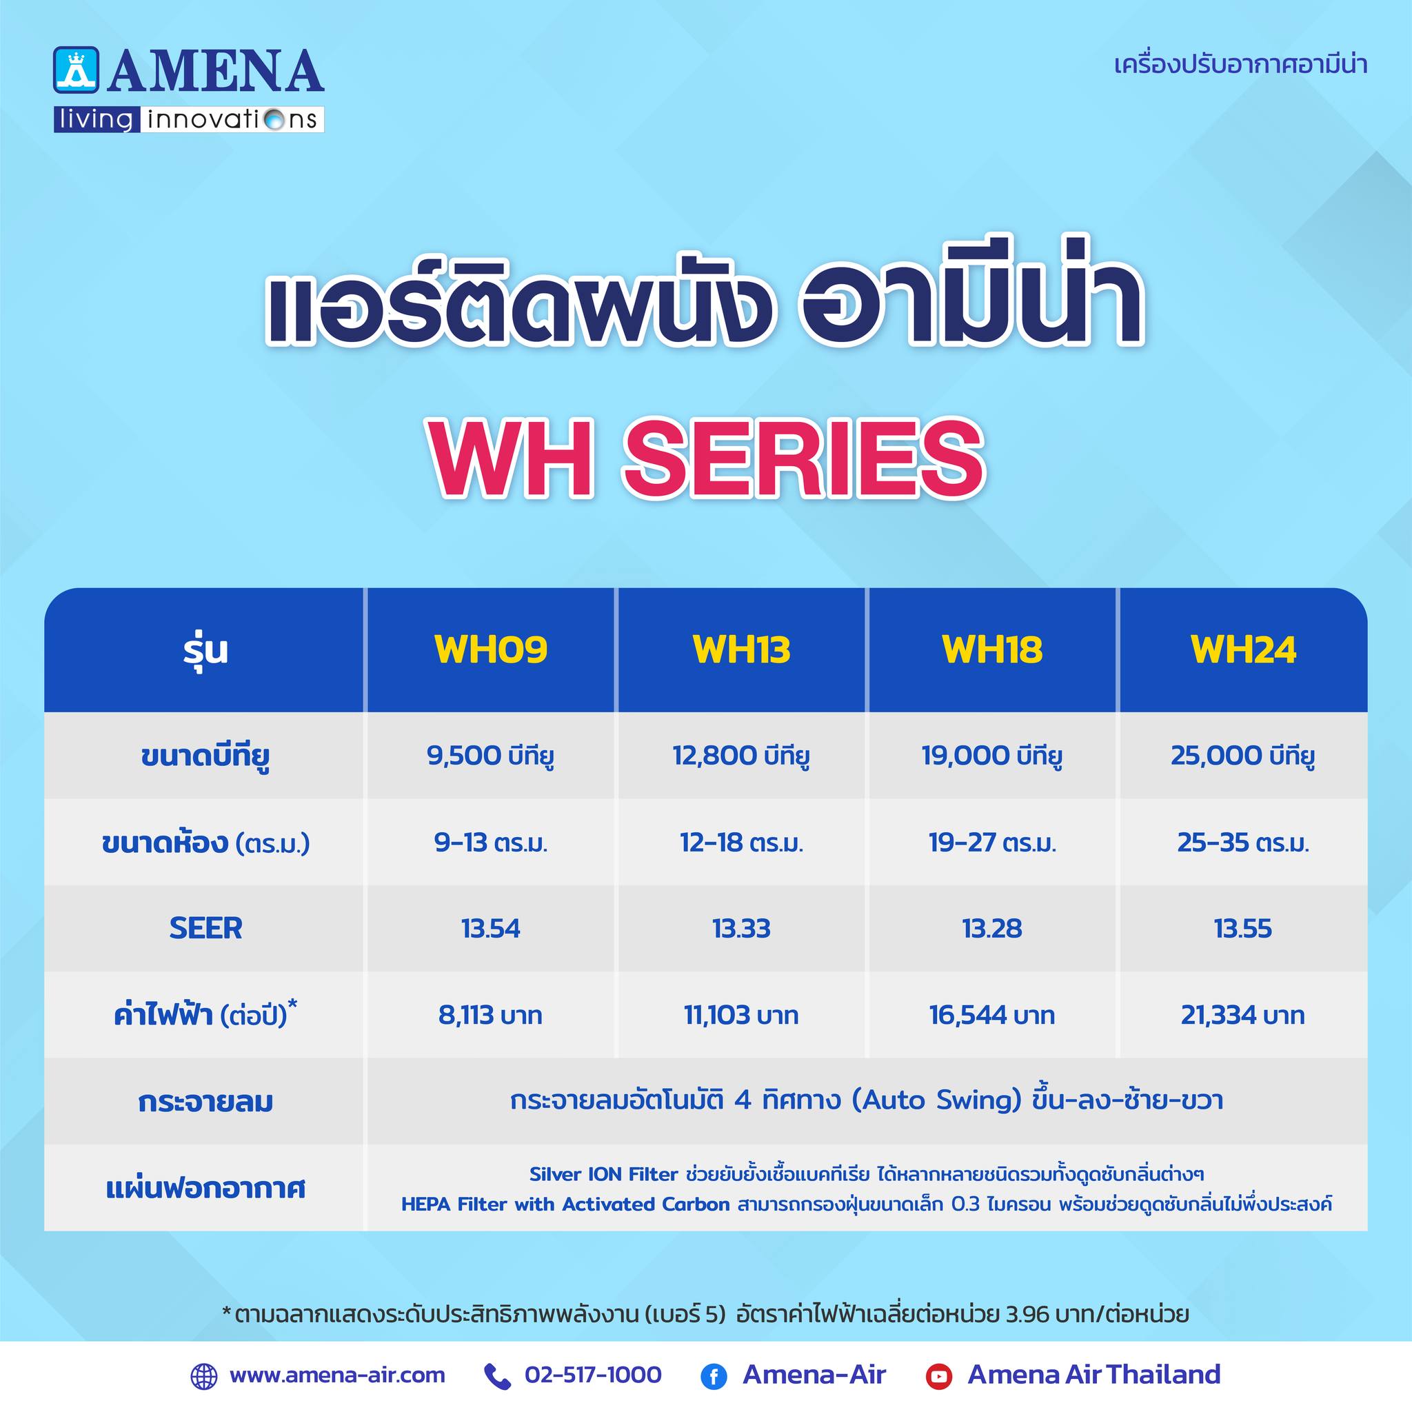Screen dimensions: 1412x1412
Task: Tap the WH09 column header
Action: click(490, 649)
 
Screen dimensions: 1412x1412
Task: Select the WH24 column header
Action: click(1243, 649)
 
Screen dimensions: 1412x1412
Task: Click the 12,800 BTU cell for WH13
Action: click(741, 756)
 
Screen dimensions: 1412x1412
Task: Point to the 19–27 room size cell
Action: click(991, 843)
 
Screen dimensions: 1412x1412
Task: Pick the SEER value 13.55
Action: click(1243, 928)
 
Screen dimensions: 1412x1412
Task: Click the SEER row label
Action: click(205, 928)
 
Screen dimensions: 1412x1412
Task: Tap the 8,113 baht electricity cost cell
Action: click(490, 1015)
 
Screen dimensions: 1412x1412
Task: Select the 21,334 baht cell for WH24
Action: click(1243, 1015)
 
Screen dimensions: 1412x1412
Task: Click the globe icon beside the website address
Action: click(204, 1376)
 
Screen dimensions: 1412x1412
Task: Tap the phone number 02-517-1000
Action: click(593, 1375)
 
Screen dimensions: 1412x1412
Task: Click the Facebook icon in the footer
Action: click(714, 1377)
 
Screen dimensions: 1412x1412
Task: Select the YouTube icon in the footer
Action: click(938, 1377)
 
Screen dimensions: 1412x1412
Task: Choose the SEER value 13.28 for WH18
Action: click(991, 928)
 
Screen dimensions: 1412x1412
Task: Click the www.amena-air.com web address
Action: click(337, 1375)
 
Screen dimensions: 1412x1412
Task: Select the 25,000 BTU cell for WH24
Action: click(1243, 756)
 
